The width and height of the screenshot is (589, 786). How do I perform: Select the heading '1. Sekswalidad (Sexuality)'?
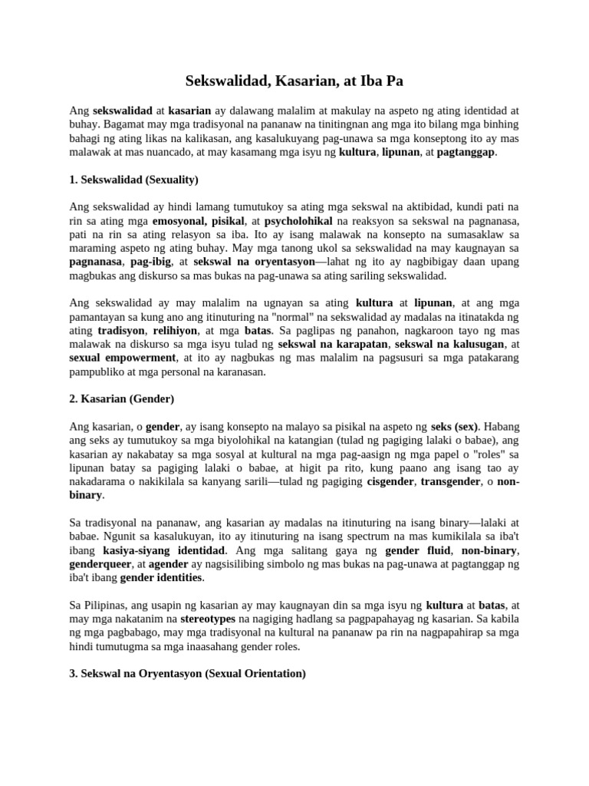134,180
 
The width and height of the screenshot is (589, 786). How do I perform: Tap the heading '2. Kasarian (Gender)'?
122,399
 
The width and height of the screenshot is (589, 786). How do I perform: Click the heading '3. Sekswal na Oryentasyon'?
188,673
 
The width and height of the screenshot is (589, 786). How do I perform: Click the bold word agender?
168,563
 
